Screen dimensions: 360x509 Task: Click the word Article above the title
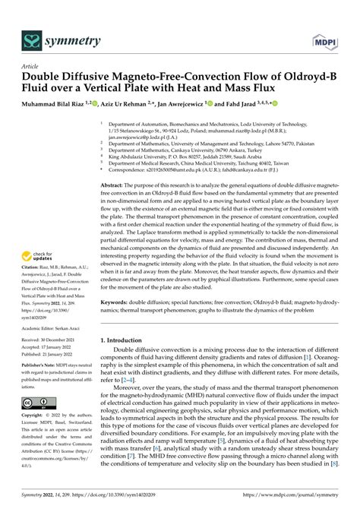coord(31,67)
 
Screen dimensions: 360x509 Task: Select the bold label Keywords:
coord(118,302)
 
